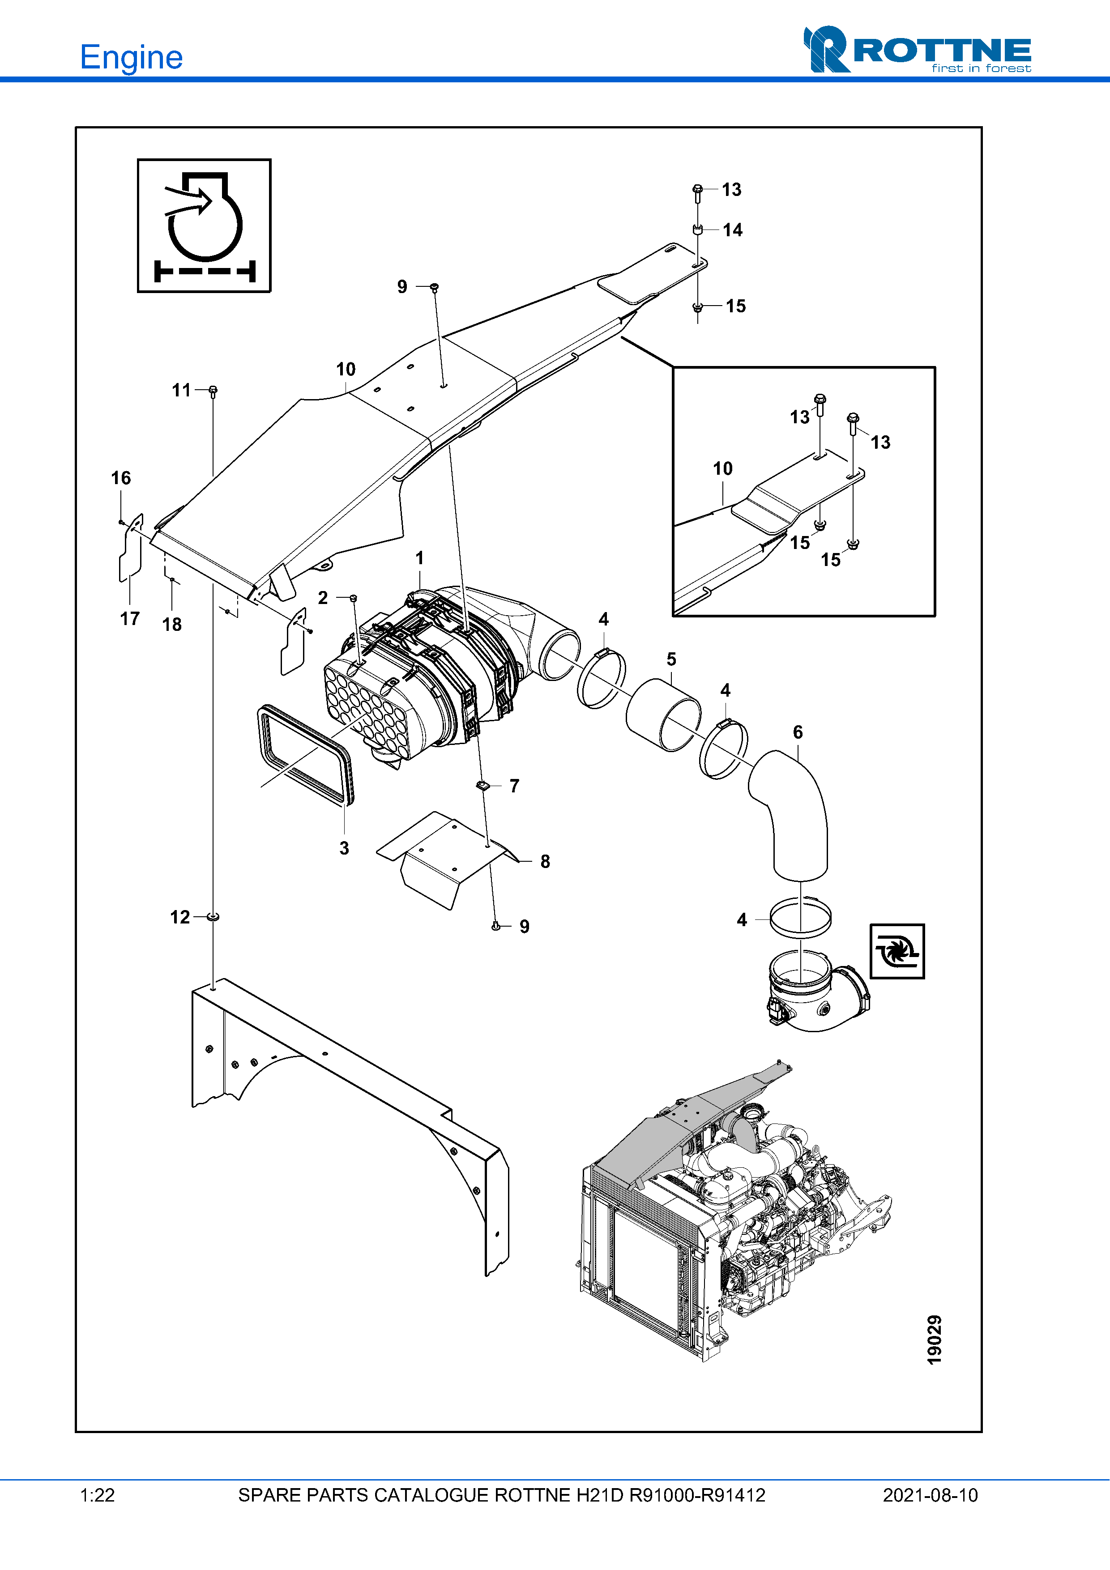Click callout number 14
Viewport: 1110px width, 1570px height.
point(733,230)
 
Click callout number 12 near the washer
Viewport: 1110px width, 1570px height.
point(180,917)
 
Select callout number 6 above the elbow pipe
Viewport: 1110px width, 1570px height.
point(798,732)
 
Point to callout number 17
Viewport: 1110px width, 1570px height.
point(130,619)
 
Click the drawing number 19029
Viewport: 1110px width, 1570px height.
point(934,1340)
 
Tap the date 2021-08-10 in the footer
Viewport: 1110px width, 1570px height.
point(930,1495)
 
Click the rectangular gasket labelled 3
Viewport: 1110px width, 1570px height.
point(306,755)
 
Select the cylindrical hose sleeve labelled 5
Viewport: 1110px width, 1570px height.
point(663,715)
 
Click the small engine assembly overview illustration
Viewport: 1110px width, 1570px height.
point(735,1210)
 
